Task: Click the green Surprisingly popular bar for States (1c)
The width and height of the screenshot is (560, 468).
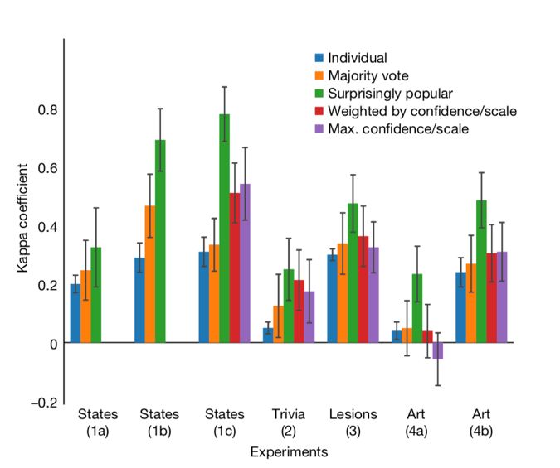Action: tap(225, 228)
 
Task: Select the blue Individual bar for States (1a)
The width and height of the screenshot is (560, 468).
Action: tap(75, 313)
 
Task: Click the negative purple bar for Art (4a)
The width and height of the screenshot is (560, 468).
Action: tap(437, 350)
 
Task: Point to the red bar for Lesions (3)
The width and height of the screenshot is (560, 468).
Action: tap(363, 289)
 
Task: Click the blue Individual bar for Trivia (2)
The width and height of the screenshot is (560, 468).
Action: tap(268, 335)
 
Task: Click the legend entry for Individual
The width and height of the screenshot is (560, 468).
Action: tap(357, 58)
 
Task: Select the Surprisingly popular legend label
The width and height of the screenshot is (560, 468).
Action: tap(390, 94)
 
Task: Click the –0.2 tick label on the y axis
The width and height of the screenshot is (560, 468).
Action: tap(45, 402)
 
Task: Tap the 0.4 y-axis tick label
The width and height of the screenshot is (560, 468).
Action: tap(47, 226)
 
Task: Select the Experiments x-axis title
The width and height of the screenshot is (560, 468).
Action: tap(289, 452)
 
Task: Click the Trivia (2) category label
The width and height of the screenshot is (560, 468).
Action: tap(289, 422)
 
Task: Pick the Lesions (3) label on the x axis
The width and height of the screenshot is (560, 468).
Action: tap(353, 422)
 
